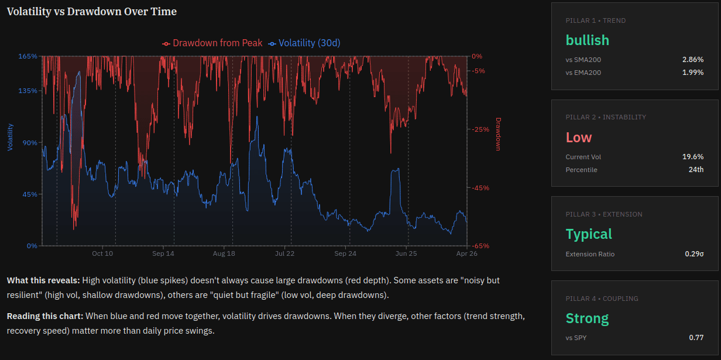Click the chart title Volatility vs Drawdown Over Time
coord(92,12)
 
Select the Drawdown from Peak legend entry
coord(213,43)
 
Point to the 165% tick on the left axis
coord(28,56)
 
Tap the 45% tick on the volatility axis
coord(30,194)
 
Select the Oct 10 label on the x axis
coord(102,254)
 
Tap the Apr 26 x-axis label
coord(466,254)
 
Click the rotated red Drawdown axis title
coord(499,134)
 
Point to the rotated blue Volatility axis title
coord(10,136)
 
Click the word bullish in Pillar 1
coord(587,40)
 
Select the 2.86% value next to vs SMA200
coord(693,60)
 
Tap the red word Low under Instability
coord(578,138)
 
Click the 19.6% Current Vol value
coord(693,157)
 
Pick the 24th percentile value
coord(696,170)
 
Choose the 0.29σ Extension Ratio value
coord(694,254)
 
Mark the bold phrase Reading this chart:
coord(45,316)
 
